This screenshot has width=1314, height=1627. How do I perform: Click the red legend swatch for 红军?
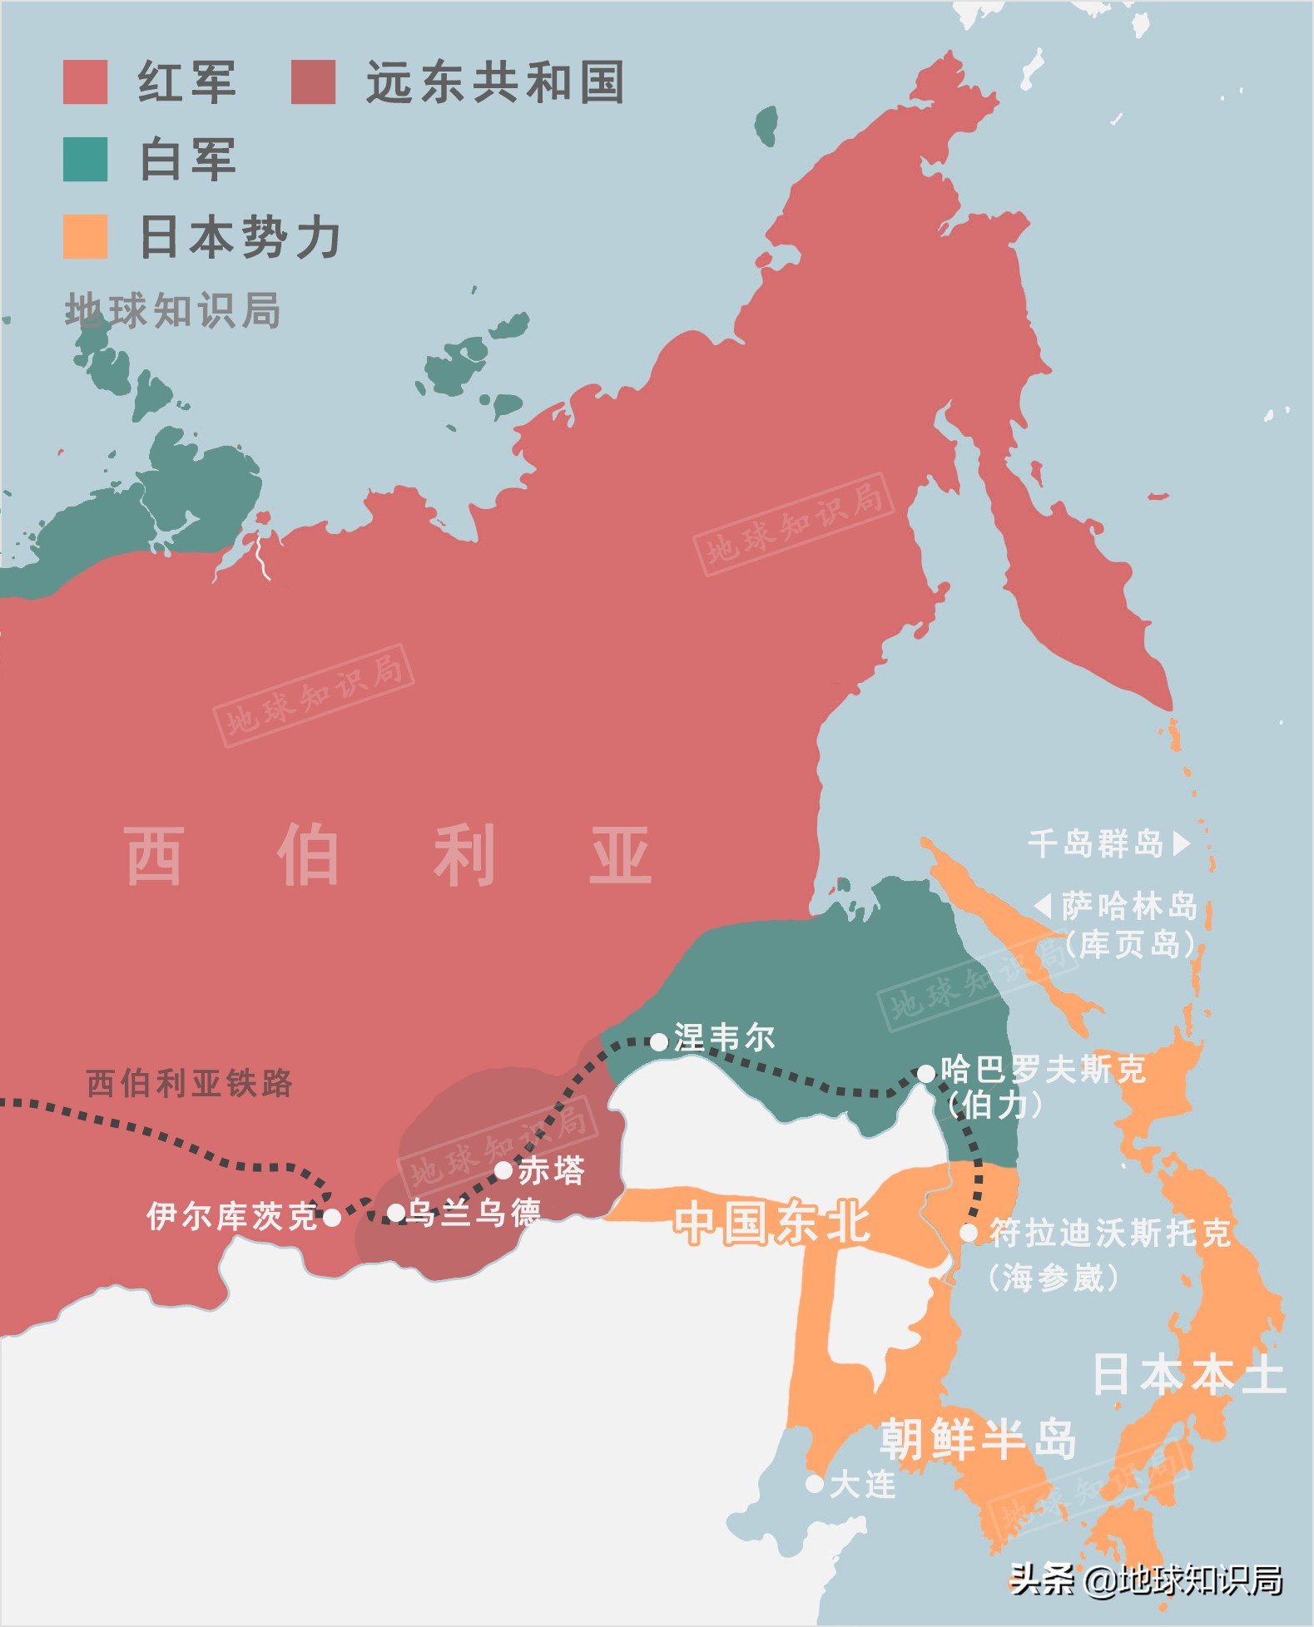pyautogui.click(x=85, y=82)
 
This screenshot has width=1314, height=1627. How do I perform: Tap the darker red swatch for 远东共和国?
pyautogui.click(x=313, y=82)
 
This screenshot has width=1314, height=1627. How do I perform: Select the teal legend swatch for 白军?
pyautogui.click(x=85, y=160)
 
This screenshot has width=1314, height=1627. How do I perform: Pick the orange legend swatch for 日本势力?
pyautogui.click(x=85, y=236)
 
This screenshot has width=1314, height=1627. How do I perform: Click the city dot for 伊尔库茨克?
pyautogui.click(x=331, y=1218)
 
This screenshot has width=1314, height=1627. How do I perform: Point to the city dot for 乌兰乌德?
pyautogui.click(x=397, y=1213)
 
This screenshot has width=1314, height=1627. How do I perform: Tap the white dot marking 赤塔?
pyautogui.click(x=503, y=1170)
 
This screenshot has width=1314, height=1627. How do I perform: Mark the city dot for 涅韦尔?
pyautogui.click(x=658, y=1041)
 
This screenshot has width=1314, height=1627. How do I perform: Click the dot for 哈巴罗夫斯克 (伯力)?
pyautogui.click(x=925, y=1074)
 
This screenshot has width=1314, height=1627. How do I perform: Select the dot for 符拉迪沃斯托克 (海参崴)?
pyautogui.click(x=969, y=1233)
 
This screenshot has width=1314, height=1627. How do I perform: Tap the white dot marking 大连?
pyautogui.click(x=815, y=1483)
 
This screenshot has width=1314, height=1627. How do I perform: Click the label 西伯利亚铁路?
pyautogui.click(x=190, y=1083)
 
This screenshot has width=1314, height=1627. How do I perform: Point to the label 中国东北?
pyautogui.click(x=772, y=1224)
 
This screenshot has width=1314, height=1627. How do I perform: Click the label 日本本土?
pyautogui.click(x=1188, y=1374)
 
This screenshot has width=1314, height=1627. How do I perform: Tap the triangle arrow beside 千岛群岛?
pyautogui.click(x=1181, y=843)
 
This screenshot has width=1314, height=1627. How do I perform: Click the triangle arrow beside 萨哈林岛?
pyautogui.click(x=1044, y=905)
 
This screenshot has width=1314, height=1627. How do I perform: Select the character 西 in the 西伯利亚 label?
pyautogui.click(x=154, y=855)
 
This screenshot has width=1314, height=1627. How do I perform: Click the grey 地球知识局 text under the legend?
pyautogui.click(x=173, y=311)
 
